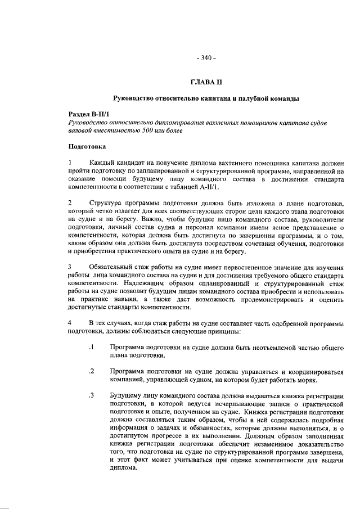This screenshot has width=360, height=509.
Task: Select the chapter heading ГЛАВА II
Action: click(205, 83)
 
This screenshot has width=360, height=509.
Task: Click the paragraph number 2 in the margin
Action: click(70, 202)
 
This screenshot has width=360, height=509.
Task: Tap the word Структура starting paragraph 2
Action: click(107, 202)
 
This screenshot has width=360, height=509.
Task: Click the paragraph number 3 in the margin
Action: click(70, 266)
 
